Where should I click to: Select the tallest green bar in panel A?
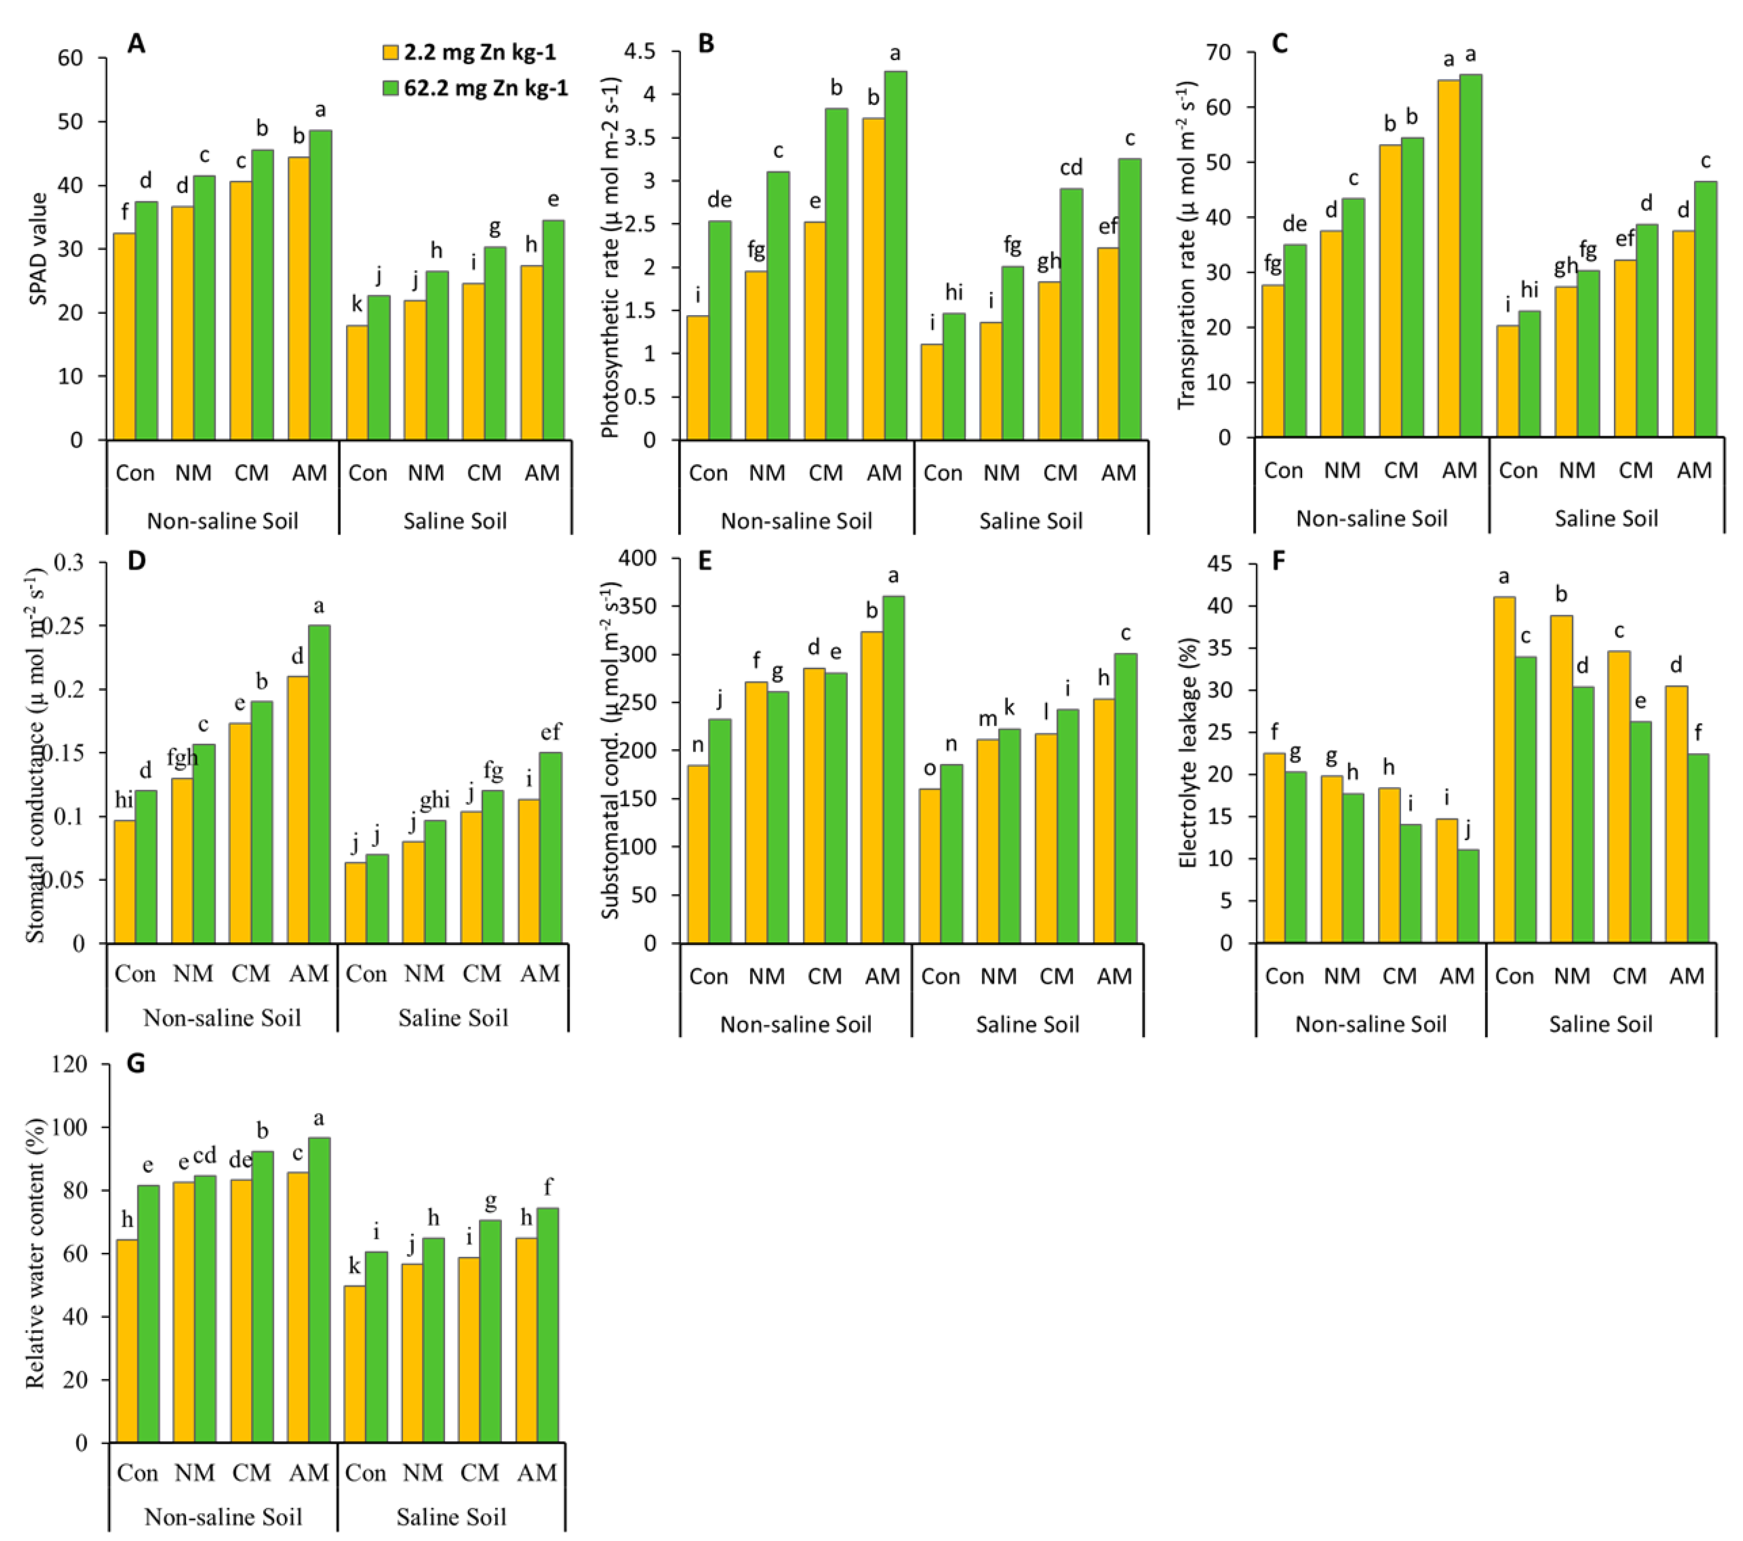click(x=320, y=285)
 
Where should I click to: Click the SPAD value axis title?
click(x=38, y=248)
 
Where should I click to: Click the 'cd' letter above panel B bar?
click(x=1071, y=168)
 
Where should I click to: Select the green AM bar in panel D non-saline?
click(x=319, y=784)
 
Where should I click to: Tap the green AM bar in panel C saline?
click(x=1705, y=309)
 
